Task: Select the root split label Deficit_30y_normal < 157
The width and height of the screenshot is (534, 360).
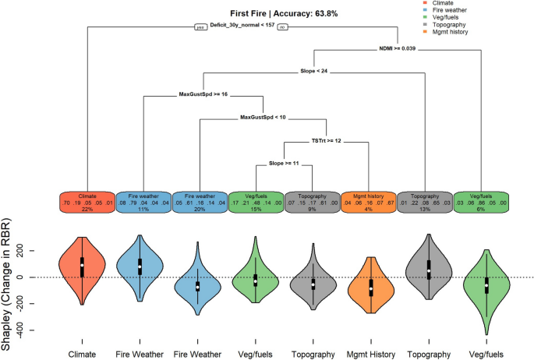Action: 242,25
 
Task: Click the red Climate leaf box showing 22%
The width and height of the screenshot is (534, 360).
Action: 87,202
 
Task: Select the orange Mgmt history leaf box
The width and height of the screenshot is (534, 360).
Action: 369,202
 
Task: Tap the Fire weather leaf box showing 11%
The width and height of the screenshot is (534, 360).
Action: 143,202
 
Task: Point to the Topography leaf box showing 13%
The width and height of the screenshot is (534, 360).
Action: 424,202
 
